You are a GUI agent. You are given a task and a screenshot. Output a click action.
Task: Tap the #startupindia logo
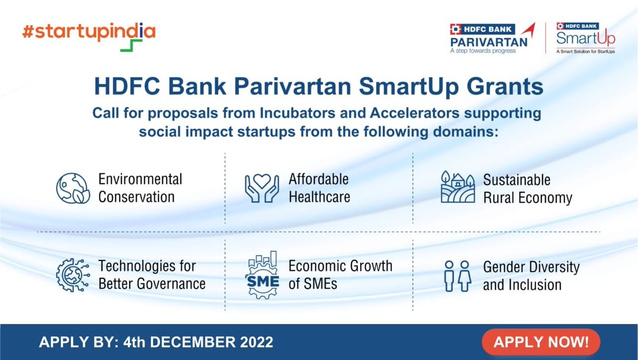[89, 34]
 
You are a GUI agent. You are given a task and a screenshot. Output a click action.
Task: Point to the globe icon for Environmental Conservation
[72, 187]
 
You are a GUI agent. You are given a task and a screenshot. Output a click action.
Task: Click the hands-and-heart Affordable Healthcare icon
[262, 187]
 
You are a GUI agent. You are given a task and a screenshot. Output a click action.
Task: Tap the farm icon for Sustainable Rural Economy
[457, 187]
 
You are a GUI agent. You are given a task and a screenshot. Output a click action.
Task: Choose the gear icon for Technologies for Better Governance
[72, 275]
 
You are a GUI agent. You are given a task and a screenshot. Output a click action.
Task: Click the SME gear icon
[262, 275]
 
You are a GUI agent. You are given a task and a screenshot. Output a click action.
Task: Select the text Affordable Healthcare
[319, 187]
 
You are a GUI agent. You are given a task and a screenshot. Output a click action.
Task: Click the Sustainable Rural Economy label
[527, 188]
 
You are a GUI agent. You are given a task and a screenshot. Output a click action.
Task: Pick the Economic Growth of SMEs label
[340, 274]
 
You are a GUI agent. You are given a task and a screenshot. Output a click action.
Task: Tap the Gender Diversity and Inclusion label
[531, 275]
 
